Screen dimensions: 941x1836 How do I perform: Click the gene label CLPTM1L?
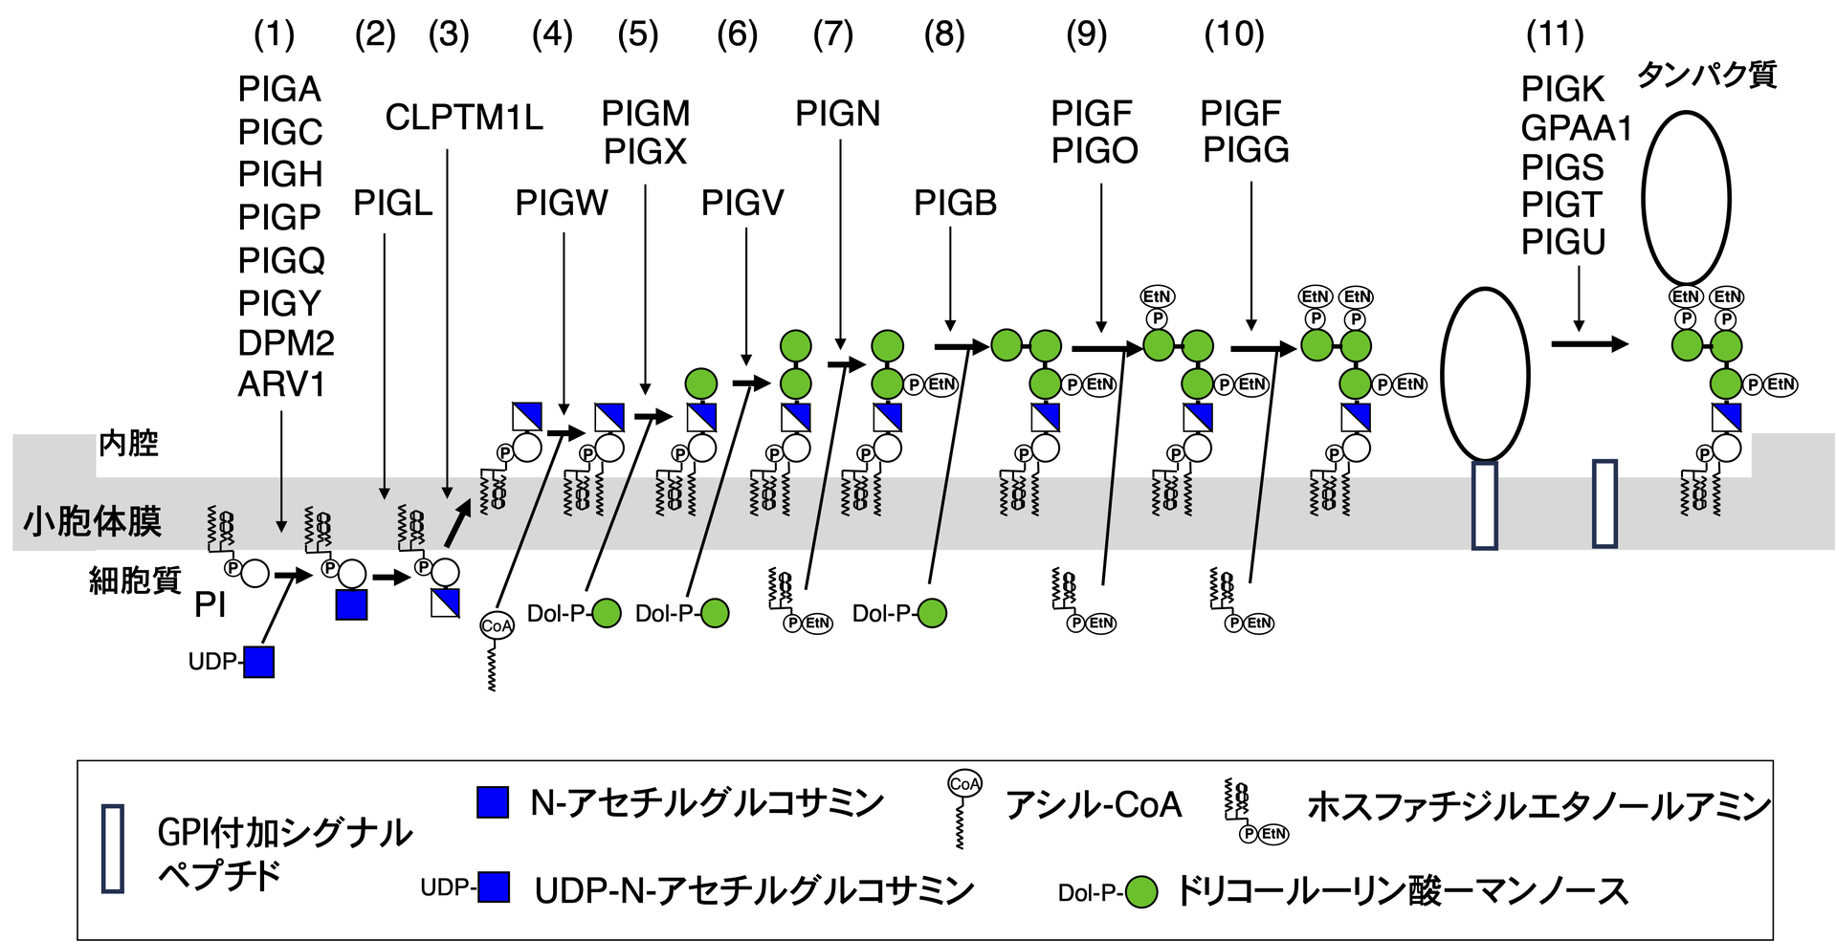[464, 118]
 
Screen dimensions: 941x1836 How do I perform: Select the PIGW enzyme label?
[562, 203]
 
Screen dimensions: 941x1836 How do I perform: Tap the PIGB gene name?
[955, 203]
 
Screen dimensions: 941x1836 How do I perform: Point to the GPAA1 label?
[1576, 128]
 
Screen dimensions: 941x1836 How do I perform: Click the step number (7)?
[832, 35]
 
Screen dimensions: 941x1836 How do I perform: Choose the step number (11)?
[1555, 35]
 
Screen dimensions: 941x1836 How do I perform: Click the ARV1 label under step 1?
[281, 384]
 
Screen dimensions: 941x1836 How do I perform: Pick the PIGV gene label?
[742, 203]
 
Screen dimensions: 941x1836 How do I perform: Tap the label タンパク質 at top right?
[1707, 75]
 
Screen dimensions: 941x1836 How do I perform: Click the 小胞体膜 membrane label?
[93, 521]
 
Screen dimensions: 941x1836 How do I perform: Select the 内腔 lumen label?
[128, 444]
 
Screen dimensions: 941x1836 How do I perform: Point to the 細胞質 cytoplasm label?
[135, 580]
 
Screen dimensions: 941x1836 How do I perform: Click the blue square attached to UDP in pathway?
[259, 662]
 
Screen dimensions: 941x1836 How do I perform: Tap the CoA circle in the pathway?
[497, 626]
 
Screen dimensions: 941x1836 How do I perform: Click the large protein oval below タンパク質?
[1686, 198]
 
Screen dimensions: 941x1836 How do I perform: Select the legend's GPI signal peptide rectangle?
[113, 849]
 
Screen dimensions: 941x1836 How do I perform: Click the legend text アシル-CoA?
[1094, 805]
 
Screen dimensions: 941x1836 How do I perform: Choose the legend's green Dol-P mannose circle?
[1140, 892]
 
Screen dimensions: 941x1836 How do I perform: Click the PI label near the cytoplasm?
[210, 604]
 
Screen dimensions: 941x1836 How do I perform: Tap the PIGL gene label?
[393, 203]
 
